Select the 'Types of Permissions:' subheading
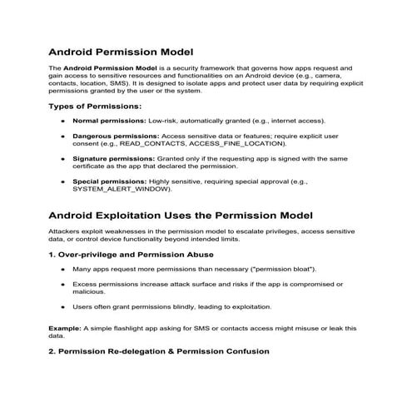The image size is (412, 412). [x=95, y=107]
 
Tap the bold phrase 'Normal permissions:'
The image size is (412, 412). [x=108, y=122]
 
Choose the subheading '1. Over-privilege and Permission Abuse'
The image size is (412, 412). [x=132, y=255]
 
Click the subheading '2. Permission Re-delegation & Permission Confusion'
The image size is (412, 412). [x=159, y=351]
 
